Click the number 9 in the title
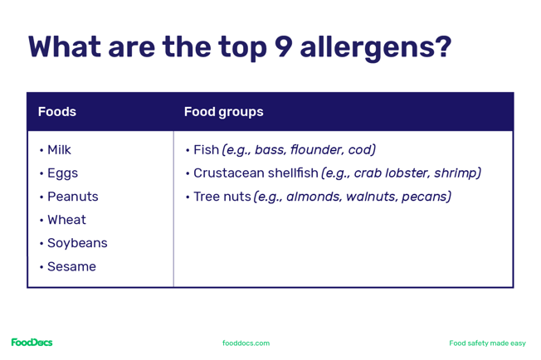(283, 47)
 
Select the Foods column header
(56, 112)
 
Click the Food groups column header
(223, 112)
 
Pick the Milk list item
(59, 150)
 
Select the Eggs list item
(62, 173)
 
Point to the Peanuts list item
(72, 197)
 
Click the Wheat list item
(66, 220)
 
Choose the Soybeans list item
(77, 243)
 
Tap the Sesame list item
(71, 266)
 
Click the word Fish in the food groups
(206, 150)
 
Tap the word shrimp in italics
(455, 173)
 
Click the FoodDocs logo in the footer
(32, 343)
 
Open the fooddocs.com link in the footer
(246, 343)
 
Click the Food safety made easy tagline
(487, 343)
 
